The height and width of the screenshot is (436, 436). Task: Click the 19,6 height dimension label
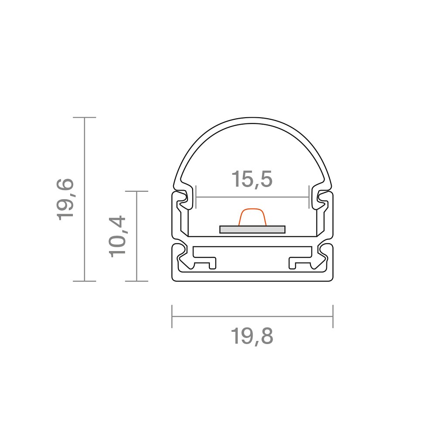[x=65, y=199]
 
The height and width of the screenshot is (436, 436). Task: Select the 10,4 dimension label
[x=117, y=236]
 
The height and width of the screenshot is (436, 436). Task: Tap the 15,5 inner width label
[x=252, y=179]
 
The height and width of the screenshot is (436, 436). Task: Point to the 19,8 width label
[x=252, y=336]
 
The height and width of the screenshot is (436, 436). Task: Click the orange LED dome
[x=252, y=217]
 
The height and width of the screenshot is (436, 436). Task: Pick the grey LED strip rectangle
[x=252, y=229]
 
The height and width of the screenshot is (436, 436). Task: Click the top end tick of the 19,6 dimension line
[x=85, y=117]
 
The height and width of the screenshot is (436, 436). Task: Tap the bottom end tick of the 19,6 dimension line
[x=85, y=281]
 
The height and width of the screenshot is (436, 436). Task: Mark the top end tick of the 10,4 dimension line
[x=136, y=191]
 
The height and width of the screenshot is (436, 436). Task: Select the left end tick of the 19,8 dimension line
[x=172, y=317]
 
